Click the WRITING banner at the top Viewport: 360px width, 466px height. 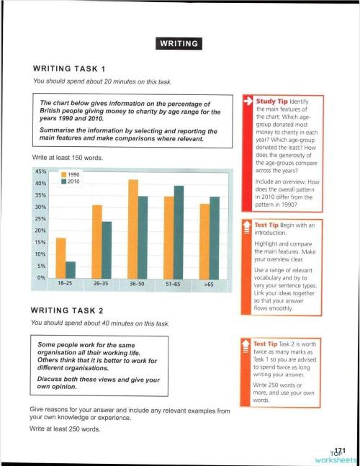[179, 43]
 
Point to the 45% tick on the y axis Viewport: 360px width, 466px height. [40, 171]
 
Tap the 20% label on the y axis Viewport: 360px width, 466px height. [40, 230]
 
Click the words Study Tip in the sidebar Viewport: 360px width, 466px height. [272, 102]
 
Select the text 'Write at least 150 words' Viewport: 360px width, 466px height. [68, 156]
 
